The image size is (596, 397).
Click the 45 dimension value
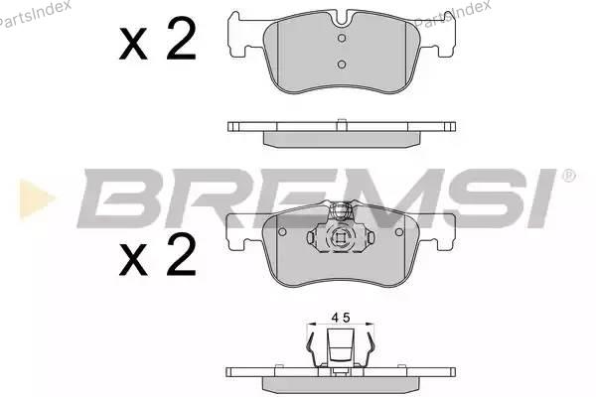click(340, 318)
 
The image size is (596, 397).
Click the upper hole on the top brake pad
click(342, 38)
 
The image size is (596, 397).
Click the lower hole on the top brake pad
click(342, 65)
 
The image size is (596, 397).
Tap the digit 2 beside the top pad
click(182, 39)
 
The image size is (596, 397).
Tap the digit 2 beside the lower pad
click(182, 254)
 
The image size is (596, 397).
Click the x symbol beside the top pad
click(133, 44)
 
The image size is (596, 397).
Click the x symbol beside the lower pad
click(133, 260)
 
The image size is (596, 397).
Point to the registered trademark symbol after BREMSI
click(568, 176)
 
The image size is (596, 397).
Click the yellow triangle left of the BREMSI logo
click(37, 198)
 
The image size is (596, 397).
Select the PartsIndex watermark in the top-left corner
click(35, 15)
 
